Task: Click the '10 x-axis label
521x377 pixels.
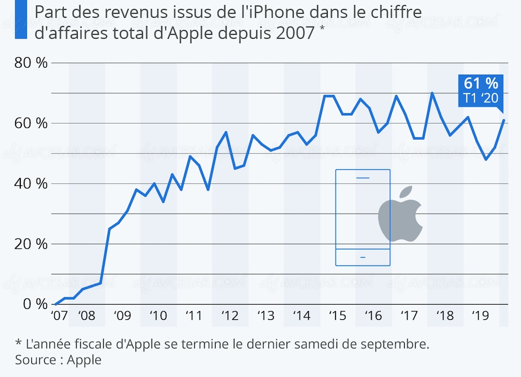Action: coord(158,316)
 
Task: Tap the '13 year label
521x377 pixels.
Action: coord(265,316)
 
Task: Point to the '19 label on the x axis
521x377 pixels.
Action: coord(479,316)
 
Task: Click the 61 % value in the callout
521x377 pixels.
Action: coord(480,83)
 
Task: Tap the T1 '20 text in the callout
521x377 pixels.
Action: coord(480,97)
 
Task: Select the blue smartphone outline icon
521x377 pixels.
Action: coord(363,218)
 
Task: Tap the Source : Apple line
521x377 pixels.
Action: coord(58,360)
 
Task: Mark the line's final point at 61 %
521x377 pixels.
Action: coord(504,120)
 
